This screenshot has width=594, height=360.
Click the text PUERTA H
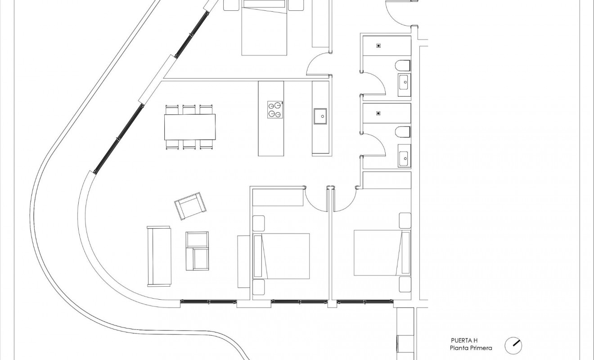[x=464, y=341]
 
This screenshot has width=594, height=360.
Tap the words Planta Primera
[x=471, y=348]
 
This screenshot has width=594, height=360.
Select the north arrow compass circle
[x=513, y=345]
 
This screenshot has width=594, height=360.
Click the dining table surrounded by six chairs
[x=190, y=127]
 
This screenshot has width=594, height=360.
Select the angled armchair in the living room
[x=191, y=206]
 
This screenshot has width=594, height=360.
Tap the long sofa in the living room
[x=159, y=256]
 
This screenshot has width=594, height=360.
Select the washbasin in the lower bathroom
[x=404, y=157]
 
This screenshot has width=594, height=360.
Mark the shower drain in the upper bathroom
[x=379, y=45]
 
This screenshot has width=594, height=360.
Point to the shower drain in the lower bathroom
[x=379, y=114]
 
